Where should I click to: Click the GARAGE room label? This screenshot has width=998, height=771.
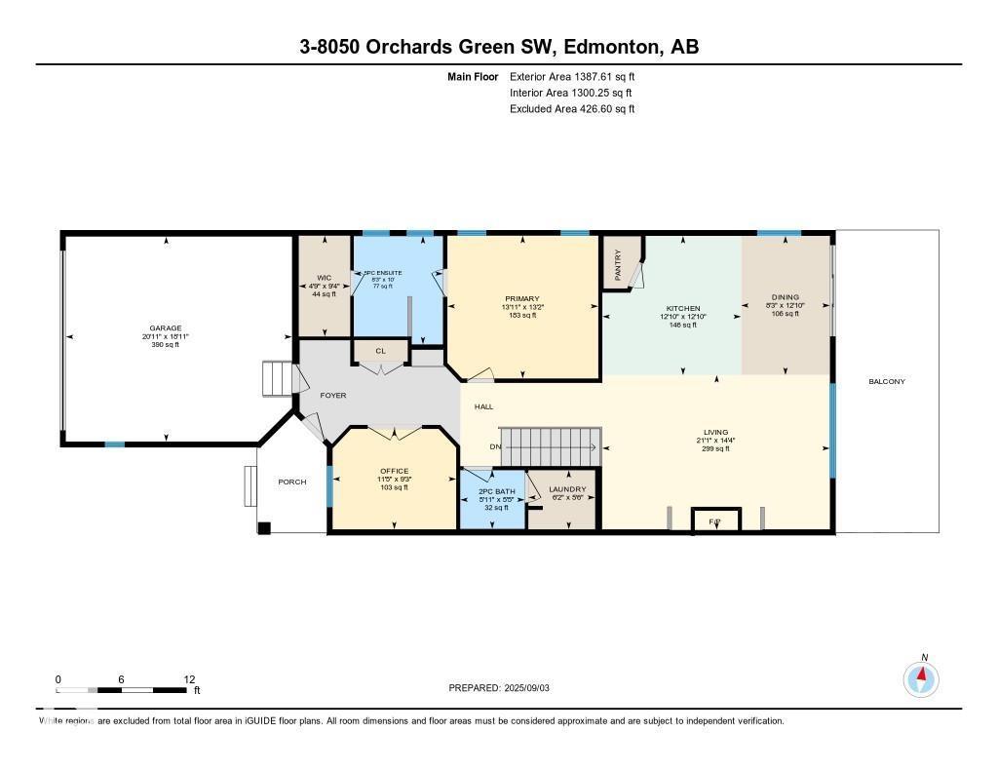[x=166, y=328]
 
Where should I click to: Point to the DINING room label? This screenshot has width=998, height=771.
[x=785, y=297]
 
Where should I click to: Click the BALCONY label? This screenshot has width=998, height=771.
[x=887, y=381]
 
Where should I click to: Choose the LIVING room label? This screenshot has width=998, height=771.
[x=715, y=433]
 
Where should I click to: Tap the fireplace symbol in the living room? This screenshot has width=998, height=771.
[x=714, y=521]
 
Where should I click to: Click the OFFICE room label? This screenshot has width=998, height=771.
[x=394, y=471]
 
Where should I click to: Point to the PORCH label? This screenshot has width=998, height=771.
[x=292, y=482]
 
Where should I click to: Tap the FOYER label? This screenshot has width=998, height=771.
[x=331, y=396]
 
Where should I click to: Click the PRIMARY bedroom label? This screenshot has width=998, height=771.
[x=522, y=299]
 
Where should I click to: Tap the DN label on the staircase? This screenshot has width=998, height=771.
[x=495, y=447]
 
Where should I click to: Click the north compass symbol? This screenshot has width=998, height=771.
[x=921, y=677]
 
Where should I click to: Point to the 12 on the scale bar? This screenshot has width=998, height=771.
[x=189, y=679]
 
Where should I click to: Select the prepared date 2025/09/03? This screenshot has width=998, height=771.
[x=532, y=688]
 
